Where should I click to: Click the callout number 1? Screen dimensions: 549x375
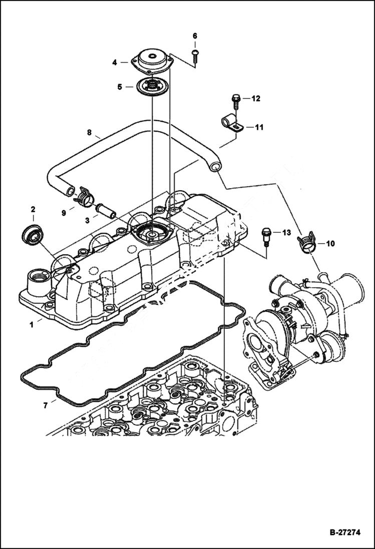click(x=31, y=324)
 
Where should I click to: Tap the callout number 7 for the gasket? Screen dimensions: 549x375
click(x=45, y=405)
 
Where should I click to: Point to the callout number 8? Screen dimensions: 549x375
click(x=89, y=133)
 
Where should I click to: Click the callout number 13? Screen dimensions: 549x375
click(x=286, y=233)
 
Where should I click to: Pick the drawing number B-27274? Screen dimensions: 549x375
click(x=345, y=532)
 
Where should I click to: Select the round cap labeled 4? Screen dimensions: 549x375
click(x=153, y=59)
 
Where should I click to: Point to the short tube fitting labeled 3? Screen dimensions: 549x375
click(x=106, y=209)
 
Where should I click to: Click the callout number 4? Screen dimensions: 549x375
click(x=114, y=63)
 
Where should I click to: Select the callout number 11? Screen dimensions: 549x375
click(x=258, y=128)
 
